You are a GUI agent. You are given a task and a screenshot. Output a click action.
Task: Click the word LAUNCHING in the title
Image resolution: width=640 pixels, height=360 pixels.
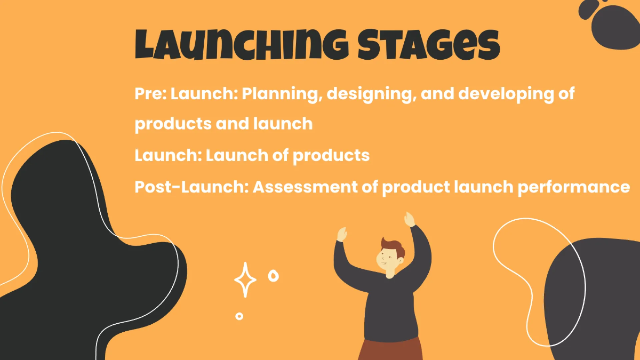point(242,44)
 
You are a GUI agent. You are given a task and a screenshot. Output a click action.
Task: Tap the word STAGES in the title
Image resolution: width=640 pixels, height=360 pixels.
point(429,44)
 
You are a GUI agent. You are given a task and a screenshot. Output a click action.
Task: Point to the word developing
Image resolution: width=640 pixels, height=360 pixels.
point(506,94)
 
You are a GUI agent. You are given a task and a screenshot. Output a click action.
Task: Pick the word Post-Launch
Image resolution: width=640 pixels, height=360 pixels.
point(191,187)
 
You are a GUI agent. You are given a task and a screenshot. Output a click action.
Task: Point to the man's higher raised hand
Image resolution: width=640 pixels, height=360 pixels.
point(410,219)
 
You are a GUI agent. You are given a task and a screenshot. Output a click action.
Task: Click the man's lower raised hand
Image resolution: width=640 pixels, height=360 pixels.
point(342,234)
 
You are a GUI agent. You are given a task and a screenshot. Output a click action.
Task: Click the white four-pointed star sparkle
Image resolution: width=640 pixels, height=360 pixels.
point(245,280)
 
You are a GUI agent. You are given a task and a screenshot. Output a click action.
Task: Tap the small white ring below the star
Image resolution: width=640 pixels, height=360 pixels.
point(239,316)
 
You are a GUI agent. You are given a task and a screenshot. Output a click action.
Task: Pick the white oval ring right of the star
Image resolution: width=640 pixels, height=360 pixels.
point(274,276)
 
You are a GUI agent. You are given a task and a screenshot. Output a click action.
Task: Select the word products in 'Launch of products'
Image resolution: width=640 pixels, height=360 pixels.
point(331,156)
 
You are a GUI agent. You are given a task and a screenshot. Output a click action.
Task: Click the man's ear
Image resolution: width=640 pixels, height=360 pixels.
point(401,261)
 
